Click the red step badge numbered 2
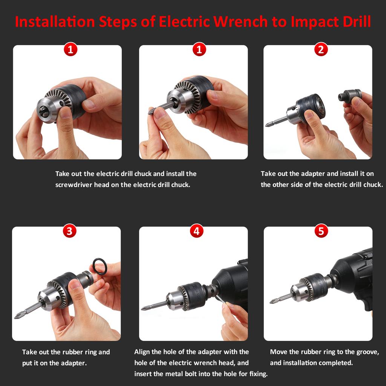pyautogui.click(x=321, y=49)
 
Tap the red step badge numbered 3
pyautogui.click(x=69, y=231)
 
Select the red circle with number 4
pyautogui.click(x=196, y=231)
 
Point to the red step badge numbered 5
pyautogui.click(x=321, y=231)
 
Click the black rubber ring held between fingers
pyautogui.click(x=100, y=267)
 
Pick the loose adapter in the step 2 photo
pyautogui.click(x=350, y=96)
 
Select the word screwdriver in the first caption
pyautogui.click(x=74, y=185)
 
